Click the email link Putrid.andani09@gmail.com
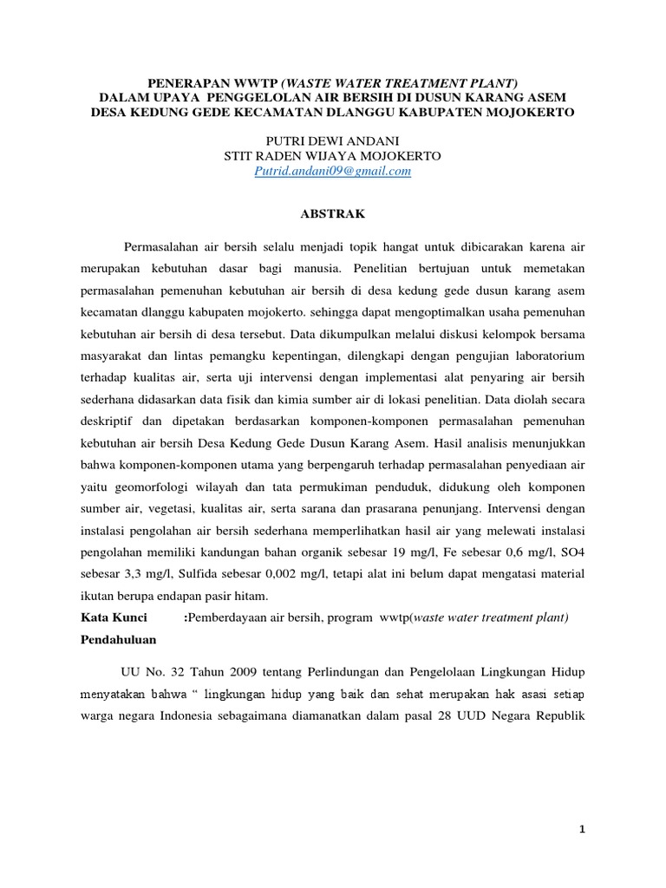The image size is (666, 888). pos(332,172)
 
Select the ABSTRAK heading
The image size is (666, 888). pos(332,211)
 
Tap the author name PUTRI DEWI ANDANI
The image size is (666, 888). pos(332,140)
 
